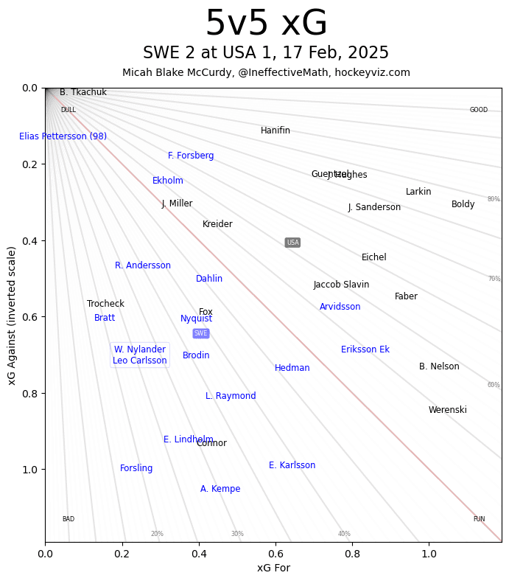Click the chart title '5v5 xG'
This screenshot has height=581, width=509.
pyautogui.click(x=266, y=24)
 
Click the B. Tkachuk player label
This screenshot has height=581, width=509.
pyautogui.click(x=83, y=93)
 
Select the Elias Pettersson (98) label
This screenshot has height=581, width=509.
pyautogui.click(x=63, y=136)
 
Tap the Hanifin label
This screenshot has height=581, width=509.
pyautogui.click(x=275, y=131)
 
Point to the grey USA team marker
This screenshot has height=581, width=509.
pyautogui.click(x=292, y=243)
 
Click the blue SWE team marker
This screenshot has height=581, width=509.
pyautogui.click(x=201, y=333)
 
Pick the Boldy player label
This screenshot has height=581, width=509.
pyautogui.click(x=463, y=204)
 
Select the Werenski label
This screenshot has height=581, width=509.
pyautogui.click(x=448, y=410)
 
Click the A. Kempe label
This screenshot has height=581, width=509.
pyautogui.click(x=220, y=489)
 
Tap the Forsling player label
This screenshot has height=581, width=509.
pyautogui.click(x=136, y=468)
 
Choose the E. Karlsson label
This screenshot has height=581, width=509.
pyautogui.click(x=292, y=465)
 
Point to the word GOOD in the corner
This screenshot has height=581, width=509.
pyautogui.click(x=479, y=110)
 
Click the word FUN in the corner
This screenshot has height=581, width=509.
pyautogui.click(x=479, y=519)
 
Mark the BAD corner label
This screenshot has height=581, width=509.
pyautogui.click(x=69, y=519)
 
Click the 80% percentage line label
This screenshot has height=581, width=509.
pyautogui.click(x=494, y=199)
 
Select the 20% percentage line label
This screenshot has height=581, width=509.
pyautogui.click(x=157, y=534)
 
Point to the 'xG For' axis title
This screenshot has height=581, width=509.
pyautogui.click(x=273, y=568)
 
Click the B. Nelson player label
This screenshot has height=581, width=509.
pyautogui.click(x=439, y=366)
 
